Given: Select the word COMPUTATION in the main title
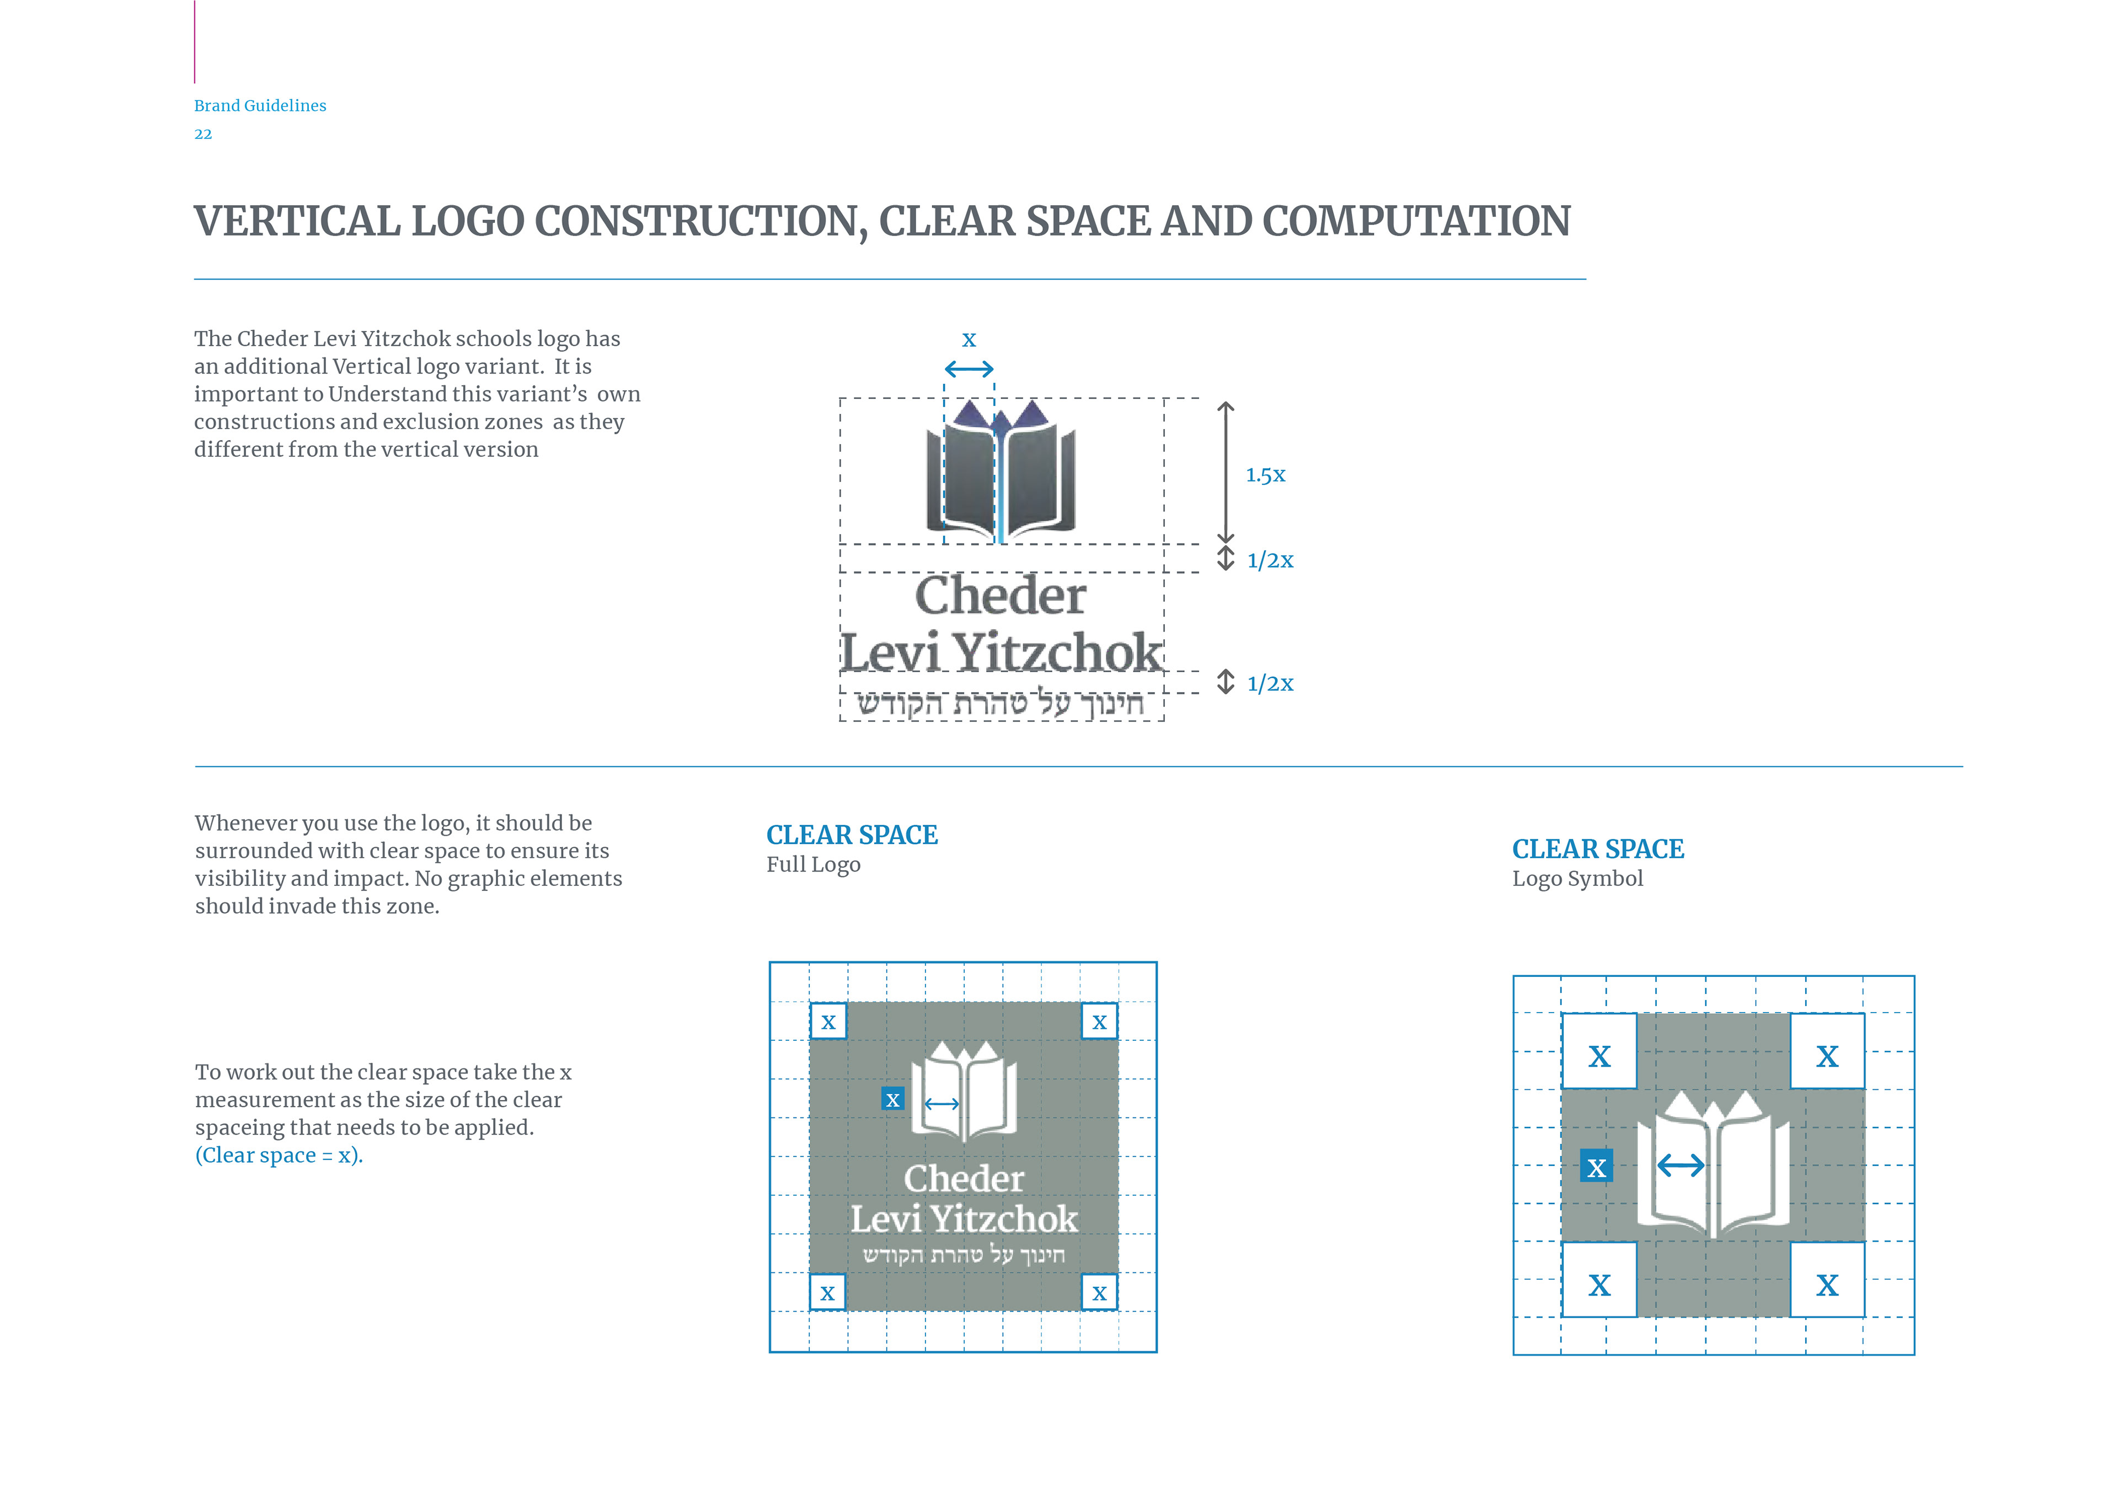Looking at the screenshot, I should [x=1416, y=221].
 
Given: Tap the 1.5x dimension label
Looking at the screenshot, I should [x=1265, y=475].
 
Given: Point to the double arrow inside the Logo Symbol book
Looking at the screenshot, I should [x=1681, y=1166].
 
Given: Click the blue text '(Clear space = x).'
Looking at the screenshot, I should [x=279, y=1156].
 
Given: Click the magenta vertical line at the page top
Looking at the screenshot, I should [x=195, y=41].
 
